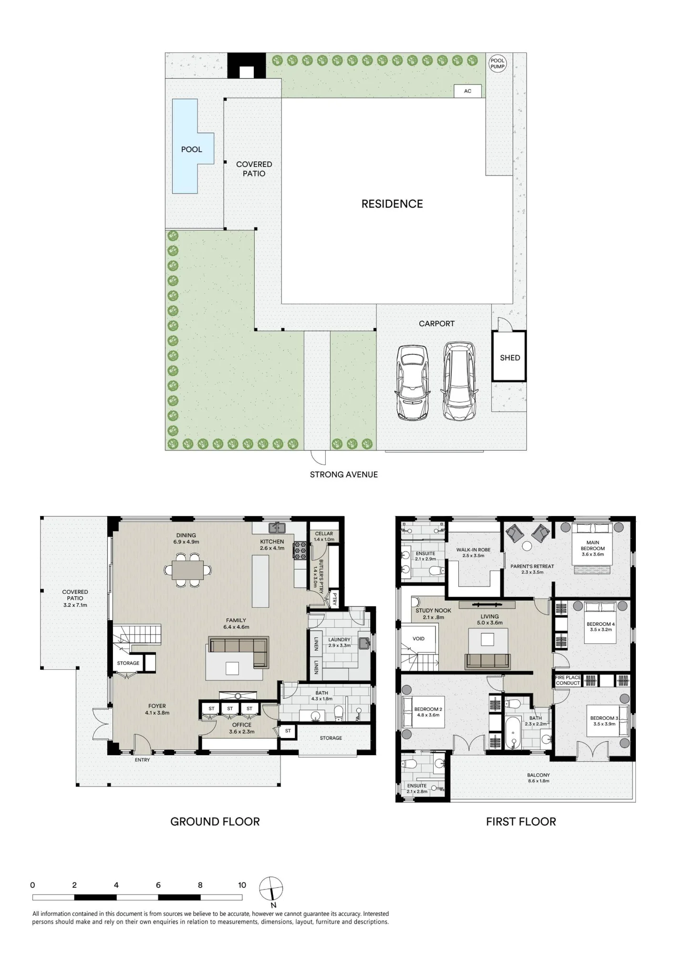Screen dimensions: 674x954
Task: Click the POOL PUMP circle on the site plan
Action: [x=498, y=63]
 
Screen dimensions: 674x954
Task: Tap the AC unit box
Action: [x=467, y=91]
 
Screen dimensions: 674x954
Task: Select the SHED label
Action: [x=510, y=358]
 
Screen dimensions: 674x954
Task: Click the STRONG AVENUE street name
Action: [x=343, y=475]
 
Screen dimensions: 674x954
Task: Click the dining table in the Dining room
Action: [x=187, y=570]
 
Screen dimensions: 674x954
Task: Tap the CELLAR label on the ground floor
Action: [x=324, y=534]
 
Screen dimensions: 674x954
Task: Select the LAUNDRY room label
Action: [x=339, y=640]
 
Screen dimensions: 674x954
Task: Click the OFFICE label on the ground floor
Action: [x=242, y=725]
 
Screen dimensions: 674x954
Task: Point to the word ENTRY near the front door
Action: [x=142, y=760]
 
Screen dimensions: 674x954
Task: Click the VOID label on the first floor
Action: [x=418, y=639]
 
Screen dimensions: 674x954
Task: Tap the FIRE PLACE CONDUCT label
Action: [x=568, y=680]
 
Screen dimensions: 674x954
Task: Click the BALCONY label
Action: [x=539, y=775]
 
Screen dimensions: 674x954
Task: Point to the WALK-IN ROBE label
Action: [x=473, y=550]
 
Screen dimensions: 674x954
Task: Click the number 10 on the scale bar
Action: [x=242, y=885]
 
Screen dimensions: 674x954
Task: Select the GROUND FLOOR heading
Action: [x=215, y=821]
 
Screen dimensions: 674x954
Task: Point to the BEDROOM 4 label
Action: [x=601, y=624]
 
